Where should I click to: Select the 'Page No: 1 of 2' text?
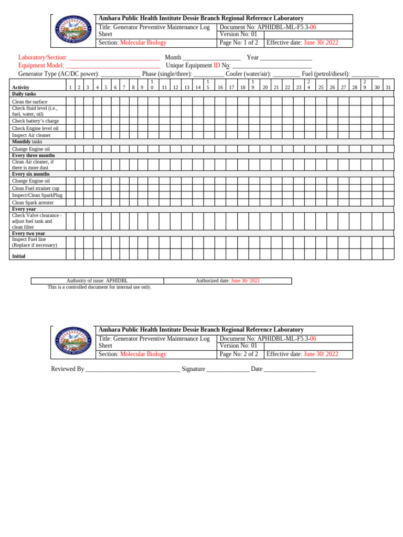(x=239, y=43)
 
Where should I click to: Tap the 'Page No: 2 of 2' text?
(x=239, y=355)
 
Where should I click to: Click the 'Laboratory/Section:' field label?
(x=43, y=58)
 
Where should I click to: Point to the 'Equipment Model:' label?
(x=41, y=66)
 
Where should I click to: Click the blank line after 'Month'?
(x=211, y=58)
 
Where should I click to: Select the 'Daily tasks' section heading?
(x=24, y=94)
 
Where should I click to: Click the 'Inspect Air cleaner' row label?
(x=31, y=135)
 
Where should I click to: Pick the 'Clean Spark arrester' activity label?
(x=33, y=202)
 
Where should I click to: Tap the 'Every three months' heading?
(x=34, y=156)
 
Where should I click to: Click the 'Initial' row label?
(x=19, y=256)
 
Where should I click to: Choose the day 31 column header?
(x=388, y=88)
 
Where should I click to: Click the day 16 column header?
(x=220, y=88)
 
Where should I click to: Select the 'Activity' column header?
(x=21, y=88)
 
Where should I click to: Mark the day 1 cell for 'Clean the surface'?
(x=70, y=101)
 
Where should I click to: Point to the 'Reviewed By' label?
(x=68, y=369)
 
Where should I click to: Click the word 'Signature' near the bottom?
(x=193, y=369)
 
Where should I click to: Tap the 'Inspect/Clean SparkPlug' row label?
(x=37, y=195)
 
